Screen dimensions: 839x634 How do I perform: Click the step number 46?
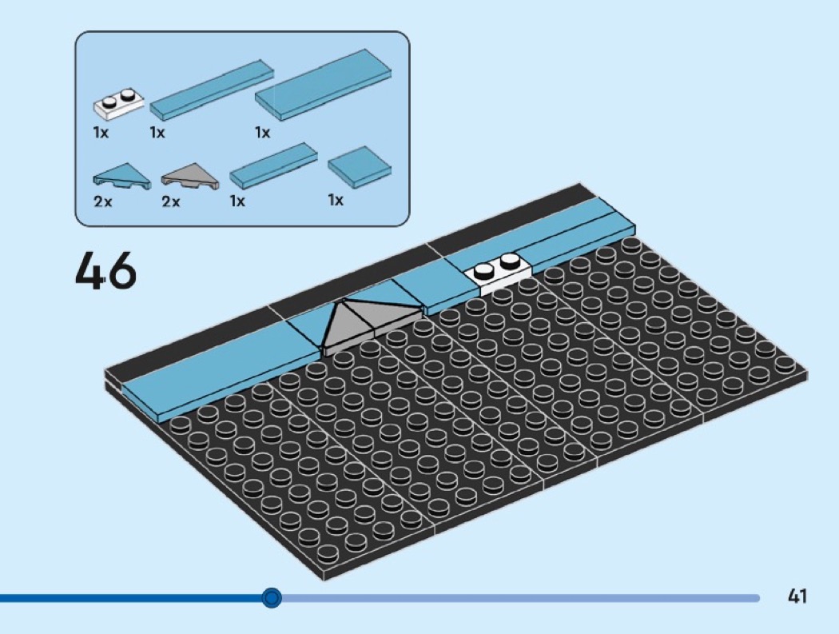[x=105, y=271]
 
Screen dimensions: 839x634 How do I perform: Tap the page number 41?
[x=797, y=596]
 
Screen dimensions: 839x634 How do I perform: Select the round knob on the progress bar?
[x=272, y=597]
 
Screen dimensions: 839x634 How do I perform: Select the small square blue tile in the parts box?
[x=360, y=167]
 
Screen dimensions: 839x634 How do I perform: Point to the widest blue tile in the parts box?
[x=323, y=85]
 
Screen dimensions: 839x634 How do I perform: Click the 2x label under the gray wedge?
[x=171, y=201]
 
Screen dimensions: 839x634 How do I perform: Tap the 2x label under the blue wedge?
[x=103, y=201]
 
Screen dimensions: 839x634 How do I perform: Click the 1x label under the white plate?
[x=101, y=132]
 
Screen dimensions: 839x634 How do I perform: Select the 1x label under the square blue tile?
[x=336, y=200]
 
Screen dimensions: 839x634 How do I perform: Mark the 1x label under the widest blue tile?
[x=262, y=132]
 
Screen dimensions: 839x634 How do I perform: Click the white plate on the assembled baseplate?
[x=498, y=273]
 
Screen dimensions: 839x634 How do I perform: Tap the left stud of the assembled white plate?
[x=484, y=270]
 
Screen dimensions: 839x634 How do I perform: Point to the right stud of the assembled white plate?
[x=510, y=261]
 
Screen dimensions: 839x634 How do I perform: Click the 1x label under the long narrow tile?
[x=157, y=132]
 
